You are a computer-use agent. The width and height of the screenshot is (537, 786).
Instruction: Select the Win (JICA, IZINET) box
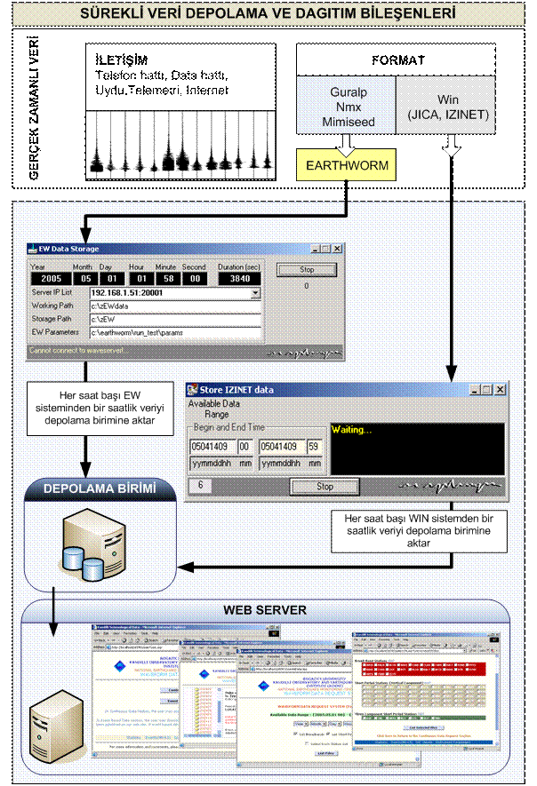point(452,104)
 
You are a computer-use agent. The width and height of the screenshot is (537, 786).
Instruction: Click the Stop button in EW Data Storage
point(306,269)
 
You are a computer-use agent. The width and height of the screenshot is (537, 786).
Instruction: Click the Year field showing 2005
point(45,278)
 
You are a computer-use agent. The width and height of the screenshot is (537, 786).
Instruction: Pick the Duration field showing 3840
point(239,278)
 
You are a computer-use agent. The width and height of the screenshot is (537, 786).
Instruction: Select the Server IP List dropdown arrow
point(255,292)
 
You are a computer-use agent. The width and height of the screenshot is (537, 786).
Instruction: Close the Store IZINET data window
point(500,390)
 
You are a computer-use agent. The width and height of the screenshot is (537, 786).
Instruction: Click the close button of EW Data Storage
point(337,249)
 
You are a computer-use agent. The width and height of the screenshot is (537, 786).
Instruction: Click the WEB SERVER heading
point(267,611)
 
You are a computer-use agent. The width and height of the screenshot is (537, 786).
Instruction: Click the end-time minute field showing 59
point(313,446)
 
